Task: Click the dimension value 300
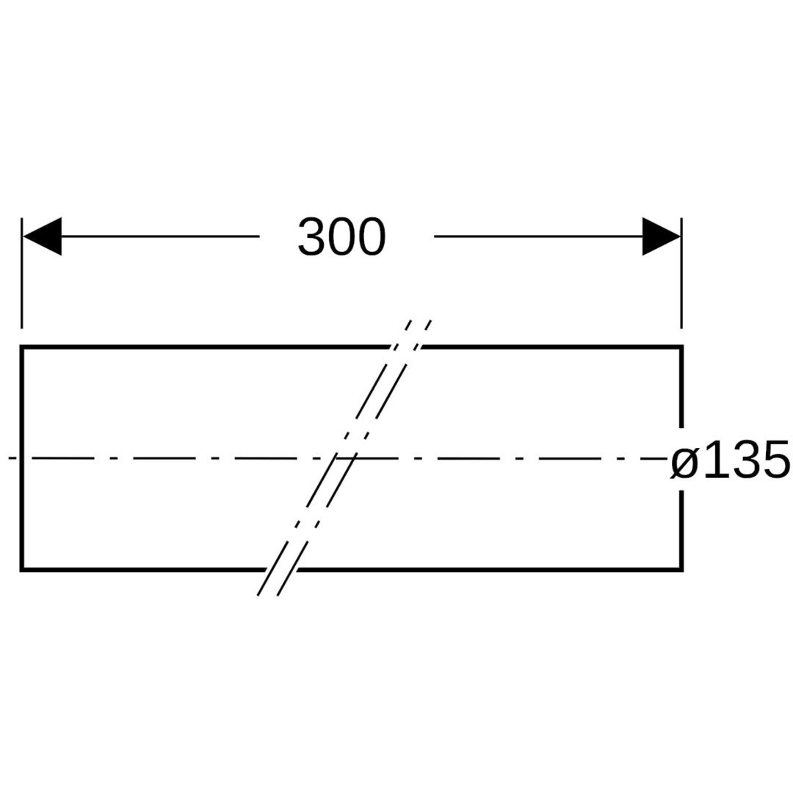[x=342, y=236]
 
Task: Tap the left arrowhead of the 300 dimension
[x=42, y=236]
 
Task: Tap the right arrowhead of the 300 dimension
[x=662, y=236]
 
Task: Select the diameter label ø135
[x=730, y=459]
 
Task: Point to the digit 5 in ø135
[x=776, y=459]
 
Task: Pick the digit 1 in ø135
[x=714, y=459]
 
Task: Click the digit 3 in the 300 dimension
[x=311, y=236]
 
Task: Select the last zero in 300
[x=372, y=236]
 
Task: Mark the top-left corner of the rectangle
[x=22, y=347]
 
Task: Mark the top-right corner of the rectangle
[x=681, y=347]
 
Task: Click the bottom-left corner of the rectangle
[x=22, y=570]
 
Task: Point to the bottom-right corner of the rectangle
[x=681, y=570]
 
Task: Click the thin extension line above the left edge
[x=22, y=273]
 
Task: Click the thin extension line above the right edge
[x=681, y=273]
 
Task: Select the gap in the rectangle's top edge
[x=405, y=347]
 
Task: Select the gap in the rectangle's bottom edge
[x=281, y=570]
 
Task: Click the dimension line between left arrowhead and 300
[x=160, y=236]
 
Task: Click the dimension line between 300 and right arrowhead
[x=539, y=236]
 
